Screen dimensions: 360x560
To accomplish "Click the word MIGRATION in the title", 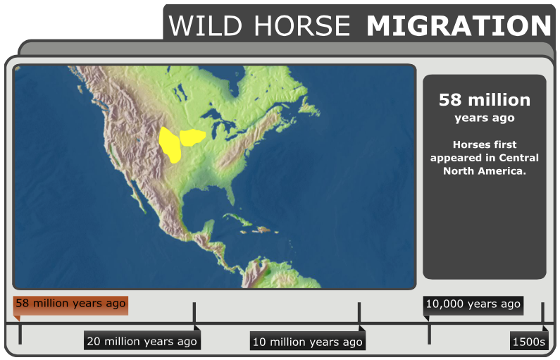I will tap(459, 26).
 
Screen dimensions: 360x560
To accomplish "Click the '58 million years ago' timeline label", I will tap(70, 304).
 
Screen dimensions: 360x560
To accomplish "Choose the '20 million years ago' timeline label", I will tap(142, 342).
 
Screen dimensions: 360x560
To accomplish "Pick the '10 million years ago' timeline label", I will tap(307, 342).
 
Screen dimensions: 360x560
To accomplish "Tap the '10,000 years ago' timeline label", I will tap(473, 304).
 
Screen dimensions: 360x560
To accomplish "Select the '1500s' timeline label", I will tap(528, 342).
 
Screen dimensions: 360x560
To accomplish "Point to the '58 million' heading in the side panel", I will tap(484, 100).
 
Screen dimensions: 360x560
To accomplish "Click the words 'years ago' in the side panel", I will tap(484, 118).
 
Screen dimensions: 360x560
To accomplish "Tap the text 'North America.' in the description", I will tap(484, 171).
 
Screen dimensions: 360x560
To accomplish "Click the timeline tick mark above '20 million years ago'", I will tap(194, 314).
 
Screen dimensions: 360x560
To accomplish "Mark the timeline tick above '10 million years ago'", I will tap(359, 314).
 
